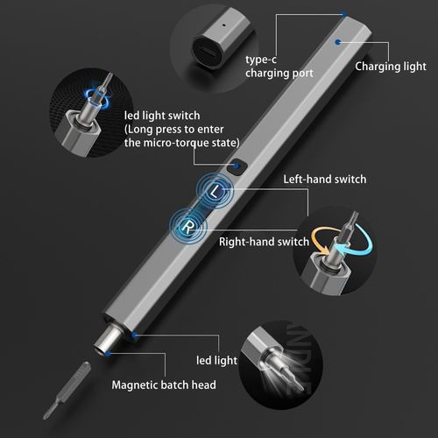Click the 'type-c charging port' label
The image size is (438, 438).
(x=279, y=67)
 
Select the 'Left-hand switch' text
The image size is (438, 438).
(x=323, y=180)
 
